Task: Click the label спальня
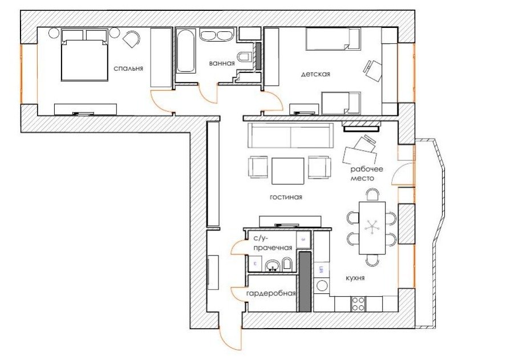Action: click(x=128, y=68)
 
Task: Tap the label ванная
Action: click(x=222, y=63)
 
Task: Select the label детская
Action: click(x=315, y=74)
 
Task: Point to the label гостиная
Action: click(x=286, y=197)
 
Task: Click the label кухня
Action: click(x=355, y=278)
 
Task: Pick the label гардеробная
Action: click(x=271, y=293)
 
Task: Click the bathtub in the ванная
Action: click(x=185, y=51)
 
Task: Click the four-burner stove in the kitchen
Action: click(x=358, y=304)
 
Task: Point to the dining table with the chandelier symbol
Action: click(x=372, y=228)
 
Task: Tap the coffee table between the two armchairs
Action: click(x=288, y=171)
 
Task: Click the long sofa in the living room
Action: click(x=290, y=135)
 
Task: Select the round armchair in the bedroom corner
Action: click(x=132, y=39)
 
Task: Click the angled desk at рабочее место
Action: click(x=359, y=156)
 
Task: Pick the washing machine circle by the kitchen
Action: click(x=322, y=286)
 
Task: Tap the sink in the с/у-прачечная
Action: click(x=272, y=266)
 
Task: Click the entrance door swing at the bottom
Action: click(x=230, y=339)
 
